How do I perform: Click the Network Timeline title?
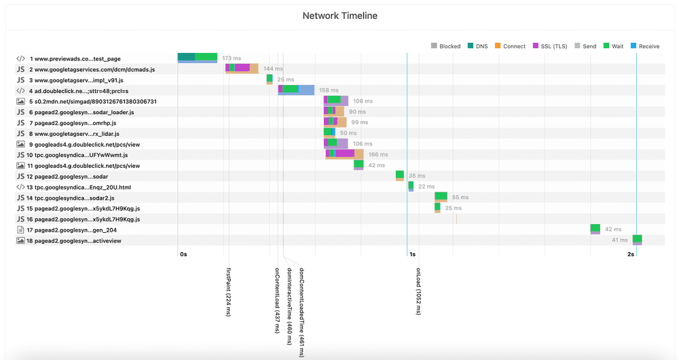339,16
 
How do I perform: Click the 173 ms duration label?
232,58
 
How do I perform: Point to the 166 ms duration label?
378,155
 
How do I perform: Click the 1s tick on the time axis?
412,254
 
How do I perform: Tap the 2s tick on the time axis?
631,254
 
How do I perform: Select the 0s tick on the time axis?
183,254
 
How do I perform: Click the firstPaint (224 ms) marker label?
229,291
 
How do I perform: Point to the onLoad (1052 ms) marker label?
419,291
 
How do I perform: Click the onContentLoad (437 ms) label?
277,300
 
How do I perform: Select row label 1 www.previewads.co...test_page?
75,59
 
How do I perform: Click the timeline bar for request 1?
198,58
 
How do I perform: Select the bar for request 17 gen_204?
595,229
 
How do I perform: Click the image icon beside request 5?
21,101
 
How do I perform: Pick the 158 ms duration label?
329,90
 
